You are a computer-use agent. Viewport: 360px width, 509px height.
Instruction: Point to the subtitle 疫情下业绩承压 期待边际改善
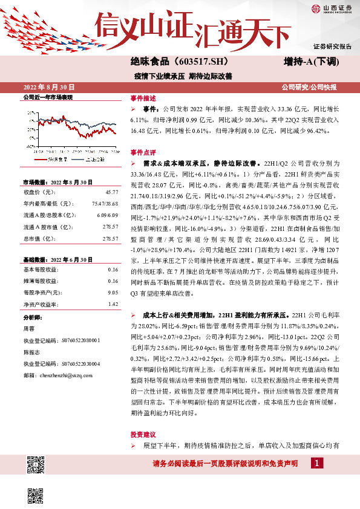tap(183, 77)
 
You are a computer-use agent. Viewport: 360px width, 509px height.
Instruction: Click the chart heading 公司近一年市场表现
tap(47, 97)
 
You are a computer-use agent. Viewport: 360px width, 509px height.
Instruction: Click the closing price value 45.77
tap(111, 192)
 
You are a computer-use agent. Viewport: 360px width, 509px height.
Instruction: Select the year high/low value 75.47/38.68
tap(103, 203)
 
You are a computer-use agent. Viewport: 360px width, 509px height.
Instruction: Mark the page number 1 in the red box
tap(317, 463)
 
